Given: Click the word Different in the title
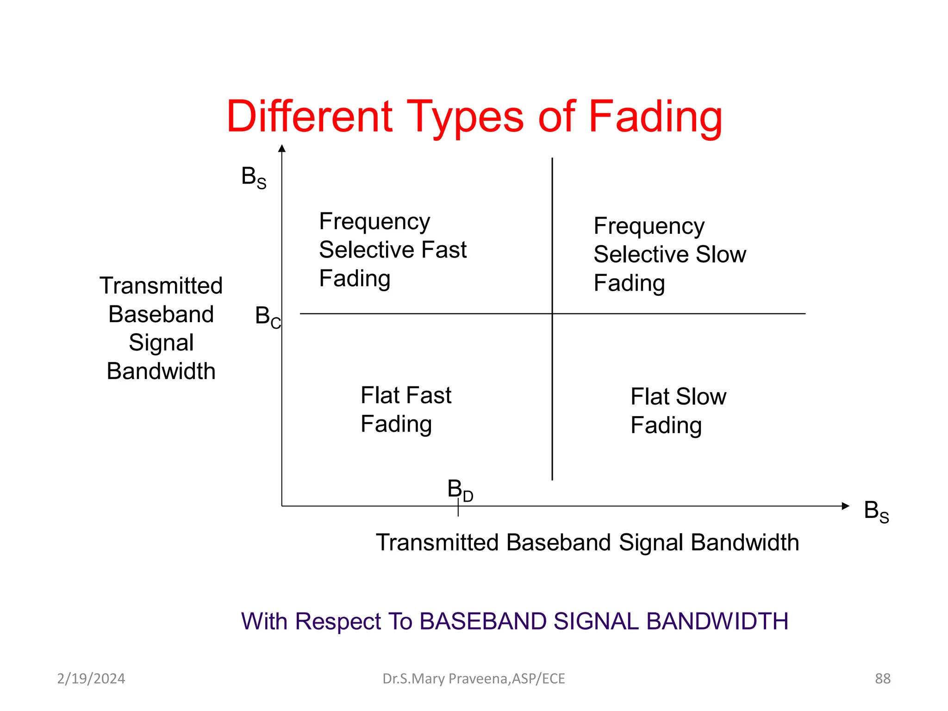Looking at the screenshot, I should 310,117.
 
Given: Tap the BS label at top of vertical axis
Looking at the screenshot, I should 254,177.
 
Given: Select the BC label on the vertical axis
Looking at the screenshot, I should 268,317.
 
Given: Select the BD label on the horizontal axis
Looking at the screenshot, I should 460,490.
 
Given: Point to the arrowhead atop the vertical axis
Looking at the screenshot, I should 282,149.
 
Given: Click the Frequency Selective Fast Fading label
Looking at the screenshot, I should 393,250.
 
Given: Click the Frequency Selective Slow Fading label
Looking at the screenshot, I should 669,255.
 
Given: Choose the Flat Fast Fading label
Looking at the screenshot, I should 405,410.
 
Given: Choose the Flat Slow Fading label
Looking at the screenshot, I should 678,411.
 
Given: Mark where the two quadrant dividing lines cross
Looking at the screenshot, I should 552,314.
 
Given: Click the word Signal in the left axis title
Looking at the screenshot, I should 161,343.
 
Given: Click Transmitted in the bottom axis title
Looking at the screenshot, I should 437,543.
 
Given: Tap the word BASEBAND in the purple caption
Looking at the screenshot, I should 483,621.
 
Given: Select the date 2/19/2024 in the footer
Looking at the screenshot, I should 91,679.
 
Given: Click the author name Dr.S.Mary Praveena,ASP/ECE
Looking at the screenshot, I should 474,679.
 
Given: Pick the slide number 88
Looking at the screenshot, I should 882,679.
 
